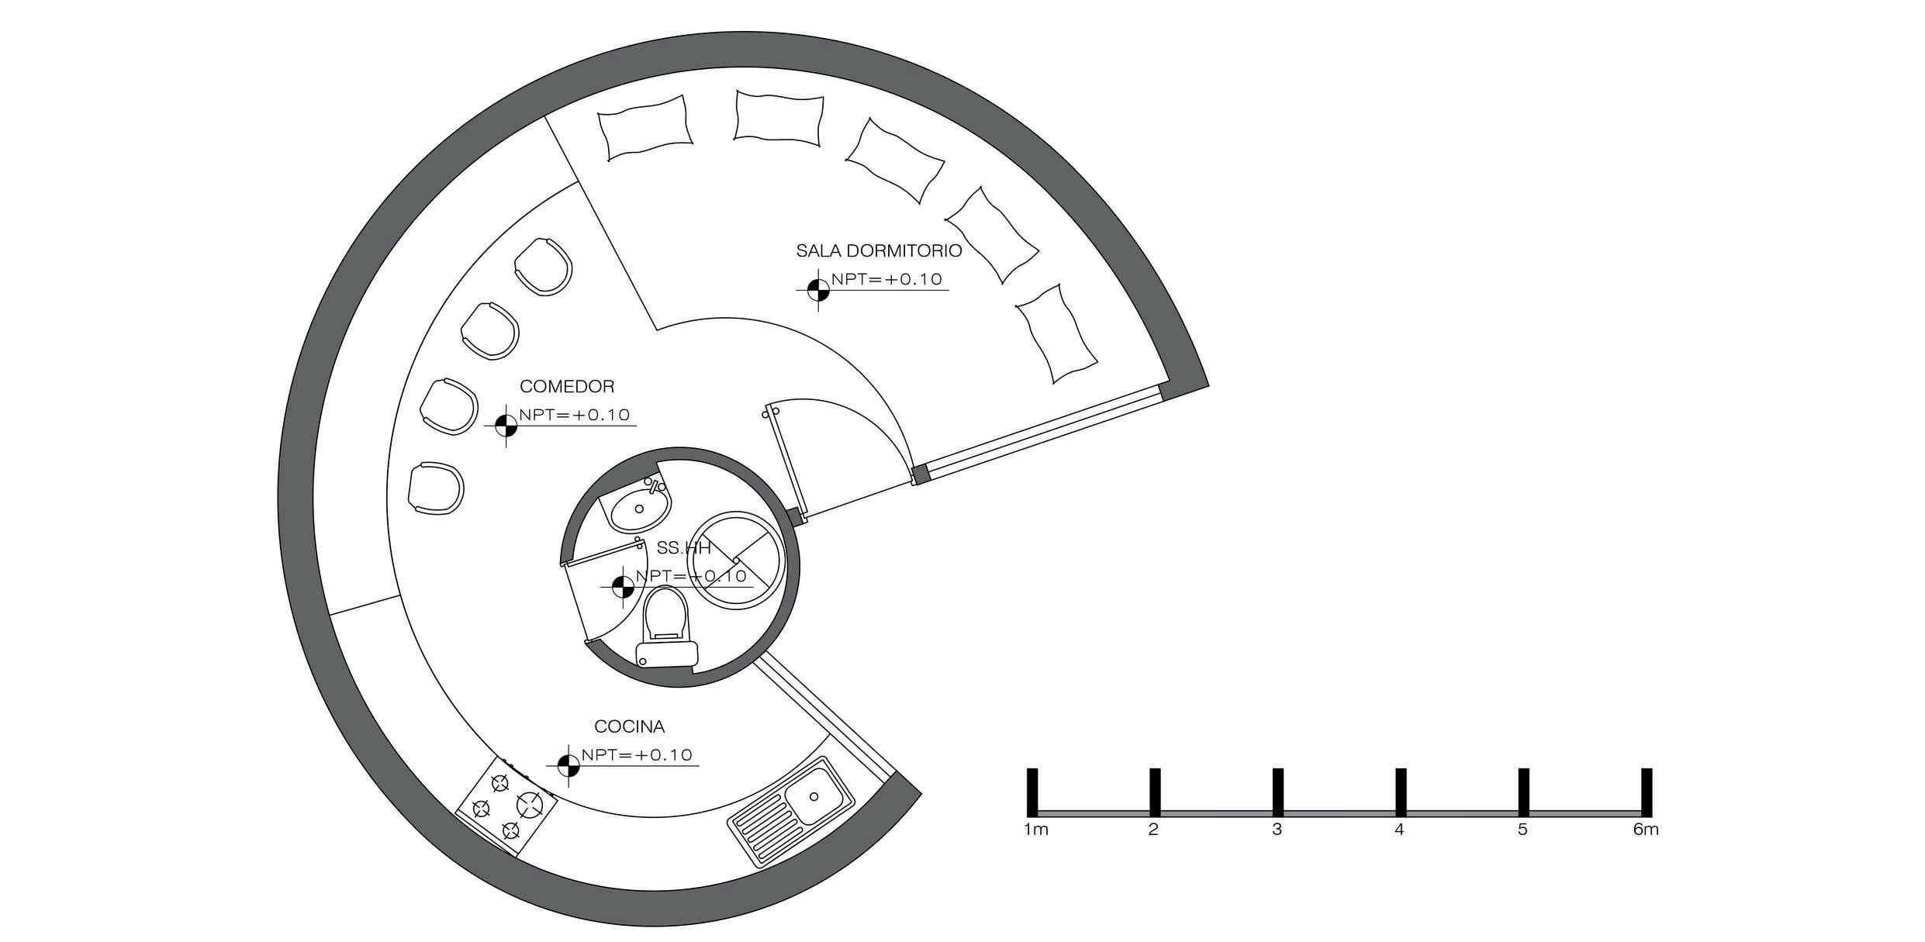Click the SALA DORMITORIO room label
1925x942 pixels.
coord(879,251)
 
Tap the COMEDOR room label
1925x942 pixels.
coord(567,386)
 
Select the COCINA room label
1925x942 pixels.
coord(629,726)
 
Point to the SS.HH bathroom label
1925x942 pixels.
coord(683,548)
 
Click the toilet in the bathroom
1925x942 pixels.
coord(665,628)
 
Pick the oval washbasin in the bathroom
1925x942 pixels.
coord(639,508)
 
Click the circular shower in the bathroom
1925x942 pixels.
coord(734,558)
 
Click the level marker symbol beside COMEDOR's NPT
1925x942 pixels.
coord(506,424)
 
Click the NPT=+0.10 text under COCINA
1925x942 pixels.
coord(636,755)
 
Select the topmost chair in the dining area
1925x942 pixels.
coord(544,264)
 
